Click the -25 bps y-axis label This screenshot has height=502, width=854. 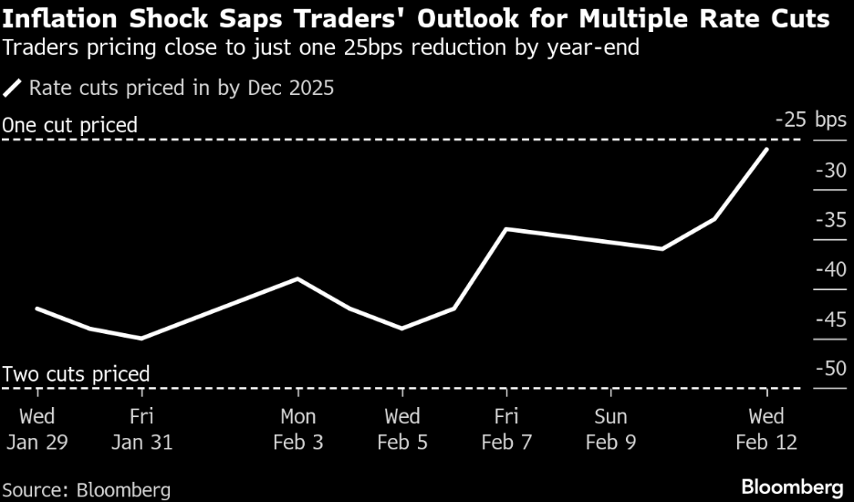[810, 120]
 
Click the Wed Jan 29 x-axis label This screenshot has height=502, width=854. [36, 429]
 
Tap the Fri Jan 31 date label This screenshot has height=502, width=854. [141, 429]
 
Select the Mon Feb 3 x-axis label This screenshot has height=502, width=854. [297, 429]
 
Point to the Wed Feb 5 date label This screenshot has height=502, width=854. [402, 429]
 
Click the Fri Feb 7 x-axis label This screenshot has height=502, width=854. [506, 429]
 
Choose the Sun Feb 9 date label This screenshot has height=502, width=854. [610, 429]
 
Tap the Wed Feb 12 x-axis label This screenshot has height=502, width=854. [766, 429]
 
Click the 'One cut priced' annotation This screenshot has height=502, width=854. [70, 125]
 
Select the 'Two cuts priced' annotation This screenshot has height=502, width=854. [76, 374]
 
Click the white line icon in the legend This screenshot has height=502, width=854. [14, 89]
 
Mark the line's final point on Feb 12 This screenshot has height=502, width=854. [766, 149]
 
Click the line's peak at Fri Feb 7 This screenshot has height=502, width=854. [506, 229]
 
